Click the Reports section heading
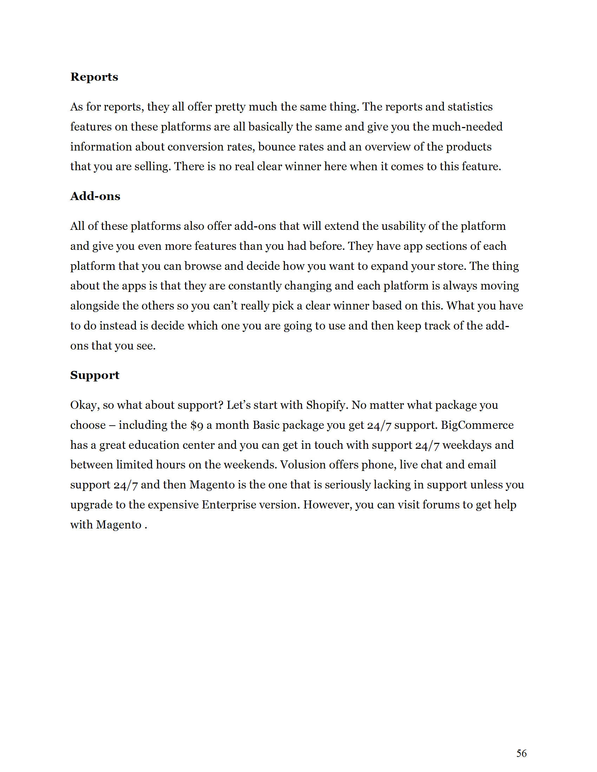94,77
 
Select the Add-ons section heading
95,196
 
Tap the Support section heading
94,375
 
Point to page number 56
521,753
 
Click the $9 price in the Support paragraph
197,425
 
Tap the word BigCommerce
477,425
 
